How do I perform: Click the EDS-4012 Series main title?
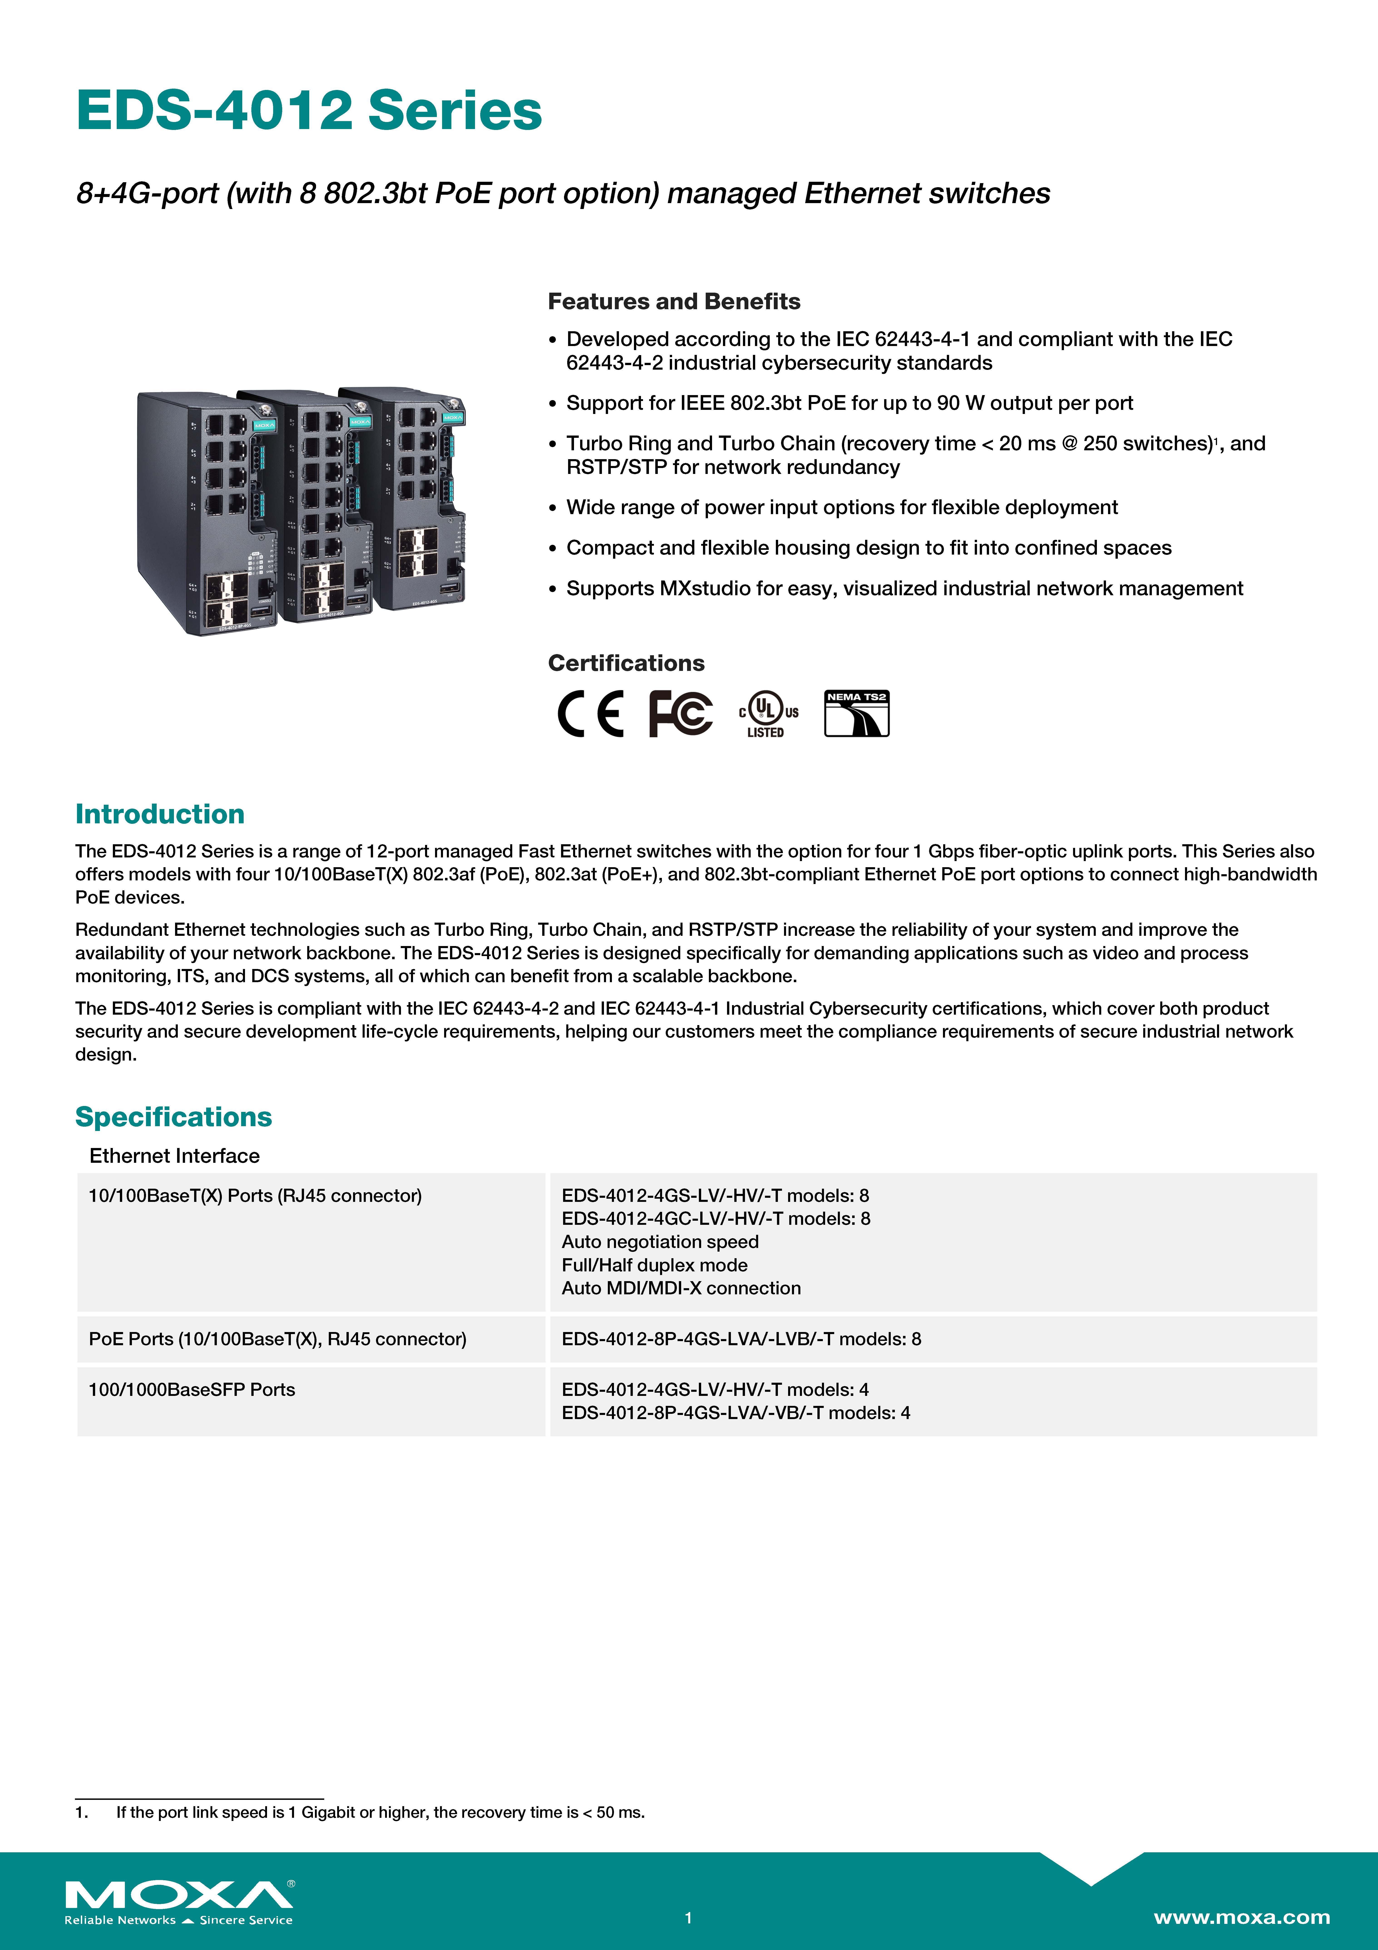click(x=308, y=111)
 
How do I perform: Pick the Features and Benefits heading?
click(x=673, y=301)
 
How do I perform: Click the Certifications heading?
click(x=626, y=663)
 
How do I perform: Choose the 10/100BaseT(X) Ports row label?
click(x=255, y=1196)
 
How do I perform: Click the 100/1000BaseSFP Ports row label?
click(x=192, y=1390)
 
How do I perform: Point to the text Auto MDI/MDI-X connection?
click(x=681, y=1288)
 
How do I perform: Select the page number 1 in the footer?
click(x=689, y=1918)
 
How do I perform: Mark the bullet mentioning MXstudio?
click(x=904, y=589)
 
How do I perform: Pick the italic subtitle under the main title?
click(x=563, y=194)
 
